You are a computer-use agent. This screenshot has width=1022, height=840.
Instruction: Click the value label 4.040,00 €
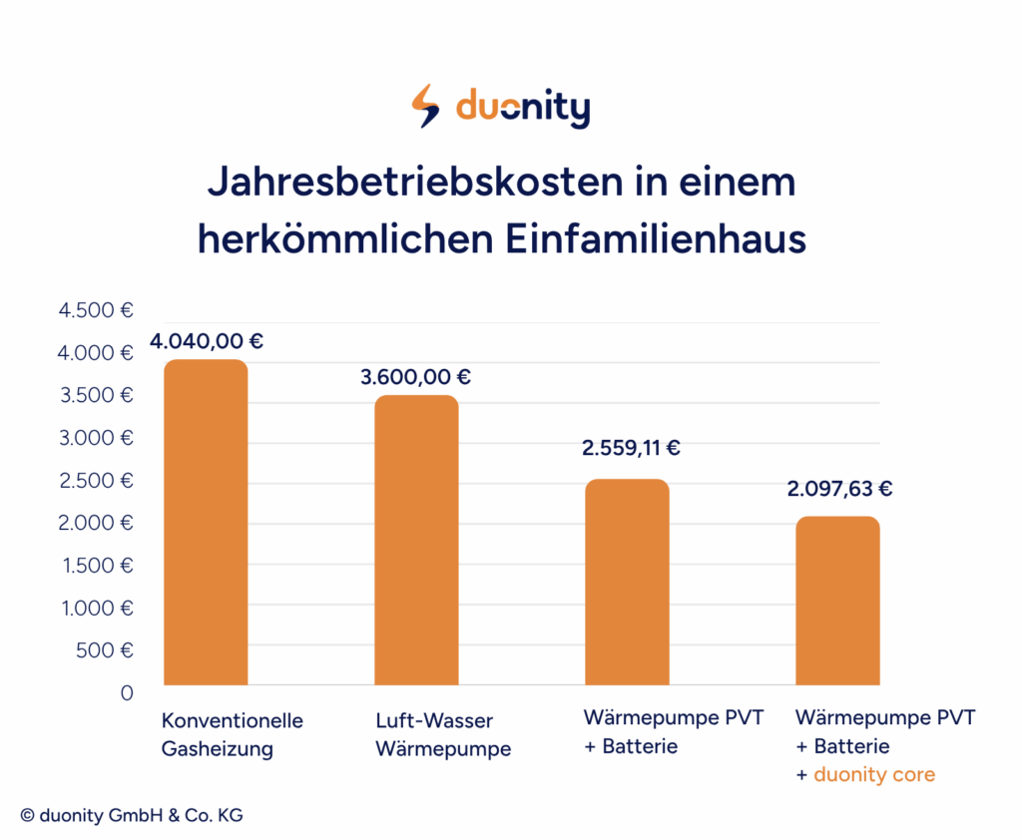[207, 341]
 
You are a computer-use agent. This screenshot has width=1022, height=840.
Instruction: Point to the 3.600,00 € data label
[415, 377]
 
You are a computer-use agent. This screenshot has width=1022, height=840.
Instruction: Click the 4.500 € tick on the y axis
[97, 310]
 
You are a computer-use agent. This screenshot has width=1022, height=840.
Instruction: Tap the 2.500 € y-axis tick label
[97, 480]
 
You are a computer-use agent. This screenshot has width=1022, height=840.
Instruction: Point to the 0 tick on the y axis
[127, 692]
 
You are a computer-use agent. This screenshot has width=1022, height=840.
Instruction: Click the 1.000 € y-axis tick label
[97, 608]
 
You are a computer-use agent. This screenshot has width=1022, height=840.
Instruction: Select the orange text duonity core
[874, 774]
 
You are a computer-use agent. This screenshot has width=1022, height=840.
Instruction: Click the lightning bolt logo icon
[426, 107]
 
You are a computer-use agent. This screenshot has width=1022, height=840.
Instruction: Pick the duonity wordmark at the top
[522, 108]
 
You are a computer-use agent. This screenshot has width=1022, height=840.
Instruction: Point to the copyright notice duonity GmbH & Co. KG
[131, 815]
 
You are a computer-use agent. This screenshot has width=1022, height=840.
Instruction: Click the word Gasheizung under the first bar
[217, 749]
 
